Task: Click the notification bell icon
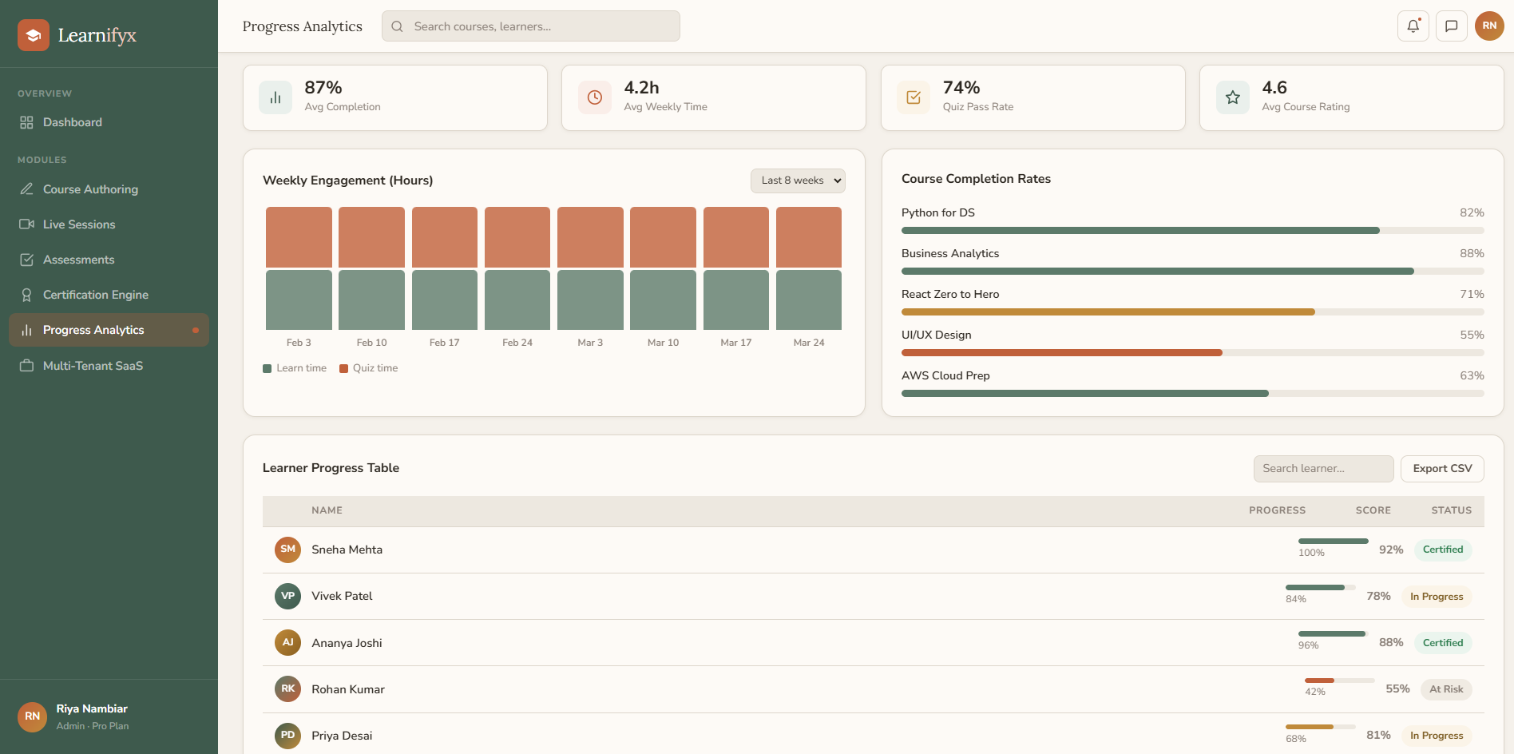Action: [x=1413, y=26]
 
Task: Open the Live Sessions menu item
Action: [x=79, y=224]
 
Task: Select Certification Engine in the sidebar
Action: [x=95, y=295]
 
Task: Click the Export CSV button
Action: [x=1441, y=469]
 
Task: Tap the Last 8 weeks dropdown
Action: [x=797, y=181]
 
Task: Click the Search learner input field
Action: [x=1322, y=469]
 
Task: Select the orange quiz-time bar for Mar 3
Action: [x=590, y=237]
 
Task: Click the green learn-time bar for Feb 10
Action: [x=371, y=300]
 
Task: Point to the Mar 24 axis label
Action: [x=808, y=343]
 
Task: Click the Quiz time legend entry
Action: [x=369, y=368]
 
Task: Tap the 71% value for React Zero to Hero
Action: [x=1471, y=294]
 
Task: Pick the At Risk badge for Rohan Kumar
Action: [x=1445, y=689]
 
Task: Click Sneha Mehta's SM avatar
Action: [x=287, y=550]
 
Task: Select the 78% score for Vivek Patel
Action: [x=1378, y=596]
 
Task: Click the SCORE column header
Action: [x=1373, y=510]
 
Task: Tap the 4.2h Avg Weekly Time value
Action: [x=641, y=88]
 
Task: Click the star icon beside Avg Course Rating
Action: [x=1232, y=97]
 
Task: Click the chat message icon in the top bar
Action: [x=1451, y=26]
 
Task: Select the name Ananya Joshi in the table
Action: [x=347, y=643]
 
